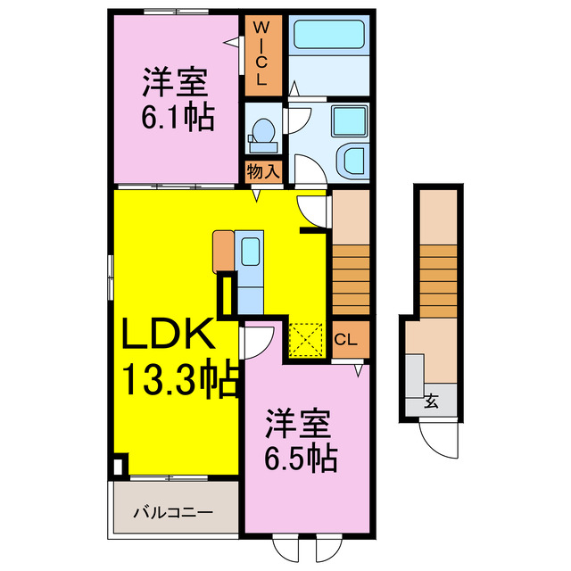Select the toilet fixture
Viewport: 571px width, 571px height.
pos(262,132)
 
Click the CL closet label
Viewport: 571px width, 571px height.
pos(347,340)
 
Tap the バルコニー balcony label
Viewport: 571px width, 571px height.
pos(173,512)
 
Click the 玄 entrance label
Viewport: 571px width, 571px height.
pos(431,401)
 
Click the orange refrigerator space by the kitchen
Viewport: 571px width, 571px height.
pos(222,251)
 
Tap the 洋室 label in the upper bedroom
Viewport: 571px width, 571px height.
pos(175,83)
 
